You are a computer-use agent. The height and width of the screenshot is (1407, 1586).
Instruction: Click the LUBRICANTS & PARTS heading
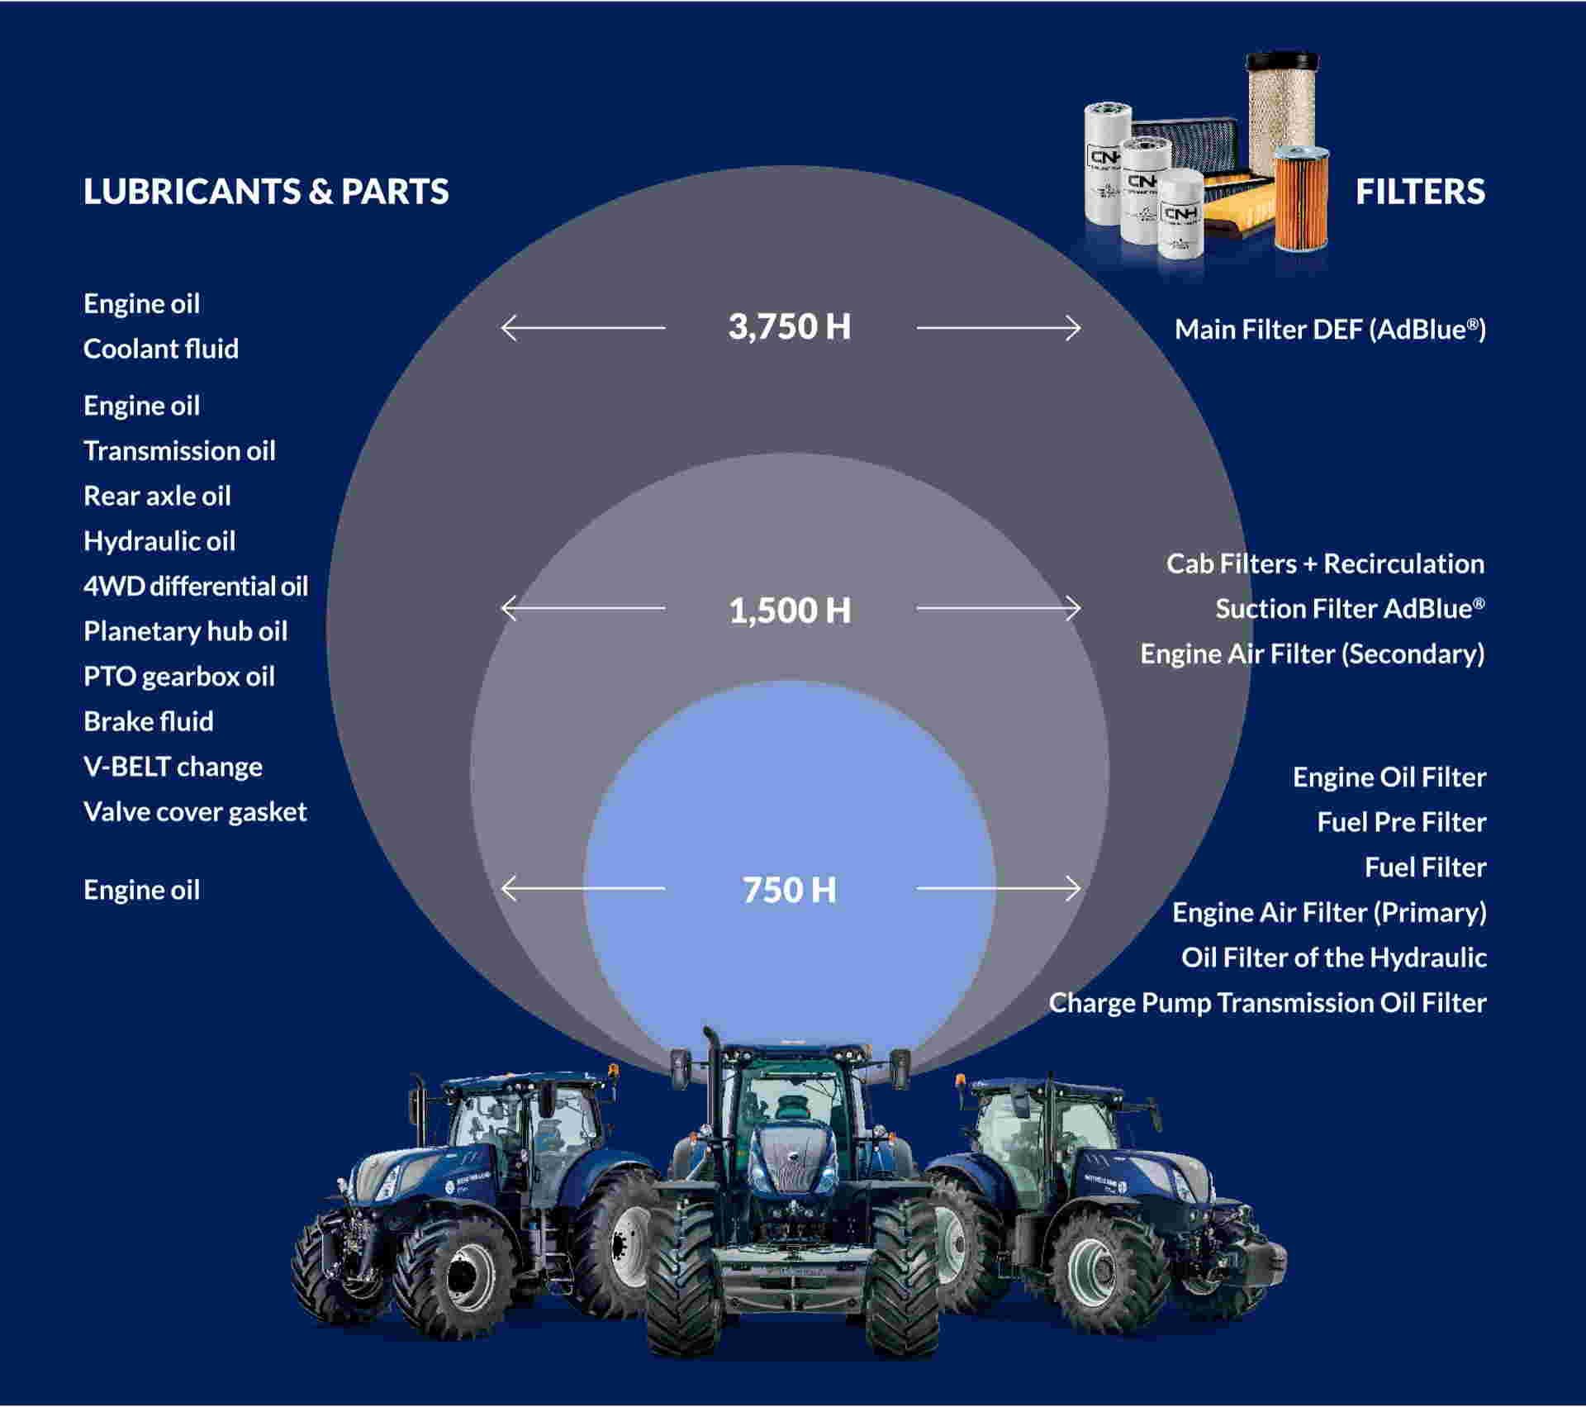(x=266, y=192)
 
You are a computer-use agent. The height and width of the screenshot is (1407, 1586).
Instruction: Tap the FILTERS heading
(x=1420, y=192)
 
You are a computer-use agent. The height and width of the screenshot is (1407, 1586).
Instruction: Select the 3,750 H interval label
(x=790, y=326)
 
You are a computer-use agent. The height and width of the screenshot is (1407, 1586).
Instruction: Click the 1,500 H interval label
(x=790, y=611)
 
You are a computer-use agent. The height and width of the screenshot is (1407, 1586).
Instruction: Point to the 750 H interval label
(x=790, y=890)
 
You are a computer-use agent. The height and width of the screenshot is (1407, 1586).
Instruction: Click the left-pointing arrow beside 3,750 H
(x=583, y=328)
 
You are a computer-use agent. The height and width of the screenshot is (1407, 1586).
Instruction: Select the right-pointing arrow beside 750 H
(x=999, y=888)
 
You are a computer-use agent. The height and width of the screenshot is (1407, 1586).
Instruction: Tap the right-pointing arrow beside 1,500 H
(x=999, y=608)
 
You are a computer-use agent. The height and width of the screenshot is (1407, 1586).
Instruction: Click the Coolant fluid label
(x=161, y=349)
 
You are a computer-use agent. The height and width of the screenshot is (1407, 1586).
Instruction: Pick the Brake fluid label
(x=149, y=721)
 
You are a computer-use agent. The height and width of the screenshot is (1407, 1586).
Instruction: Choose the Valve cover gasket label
(x=195, y=812)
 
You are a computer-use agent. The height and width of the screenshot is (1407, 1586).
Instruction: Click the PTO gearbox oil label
(x=179, y=677)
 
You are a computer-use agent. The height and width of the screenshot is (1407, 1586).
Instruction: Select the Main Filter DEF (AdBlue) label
(x=1330, y=330)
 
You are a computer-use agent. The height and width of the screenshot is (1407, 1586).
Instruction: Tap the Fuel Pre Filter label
(x=1402, y=822)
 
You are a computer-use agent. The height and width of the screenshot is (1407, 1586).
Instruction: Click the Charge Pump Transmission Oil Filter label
(x=1268, y=1003)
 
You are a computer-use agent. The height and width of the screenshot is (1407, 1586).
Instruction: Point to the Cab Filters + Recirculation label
(x=1325, y=563)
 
